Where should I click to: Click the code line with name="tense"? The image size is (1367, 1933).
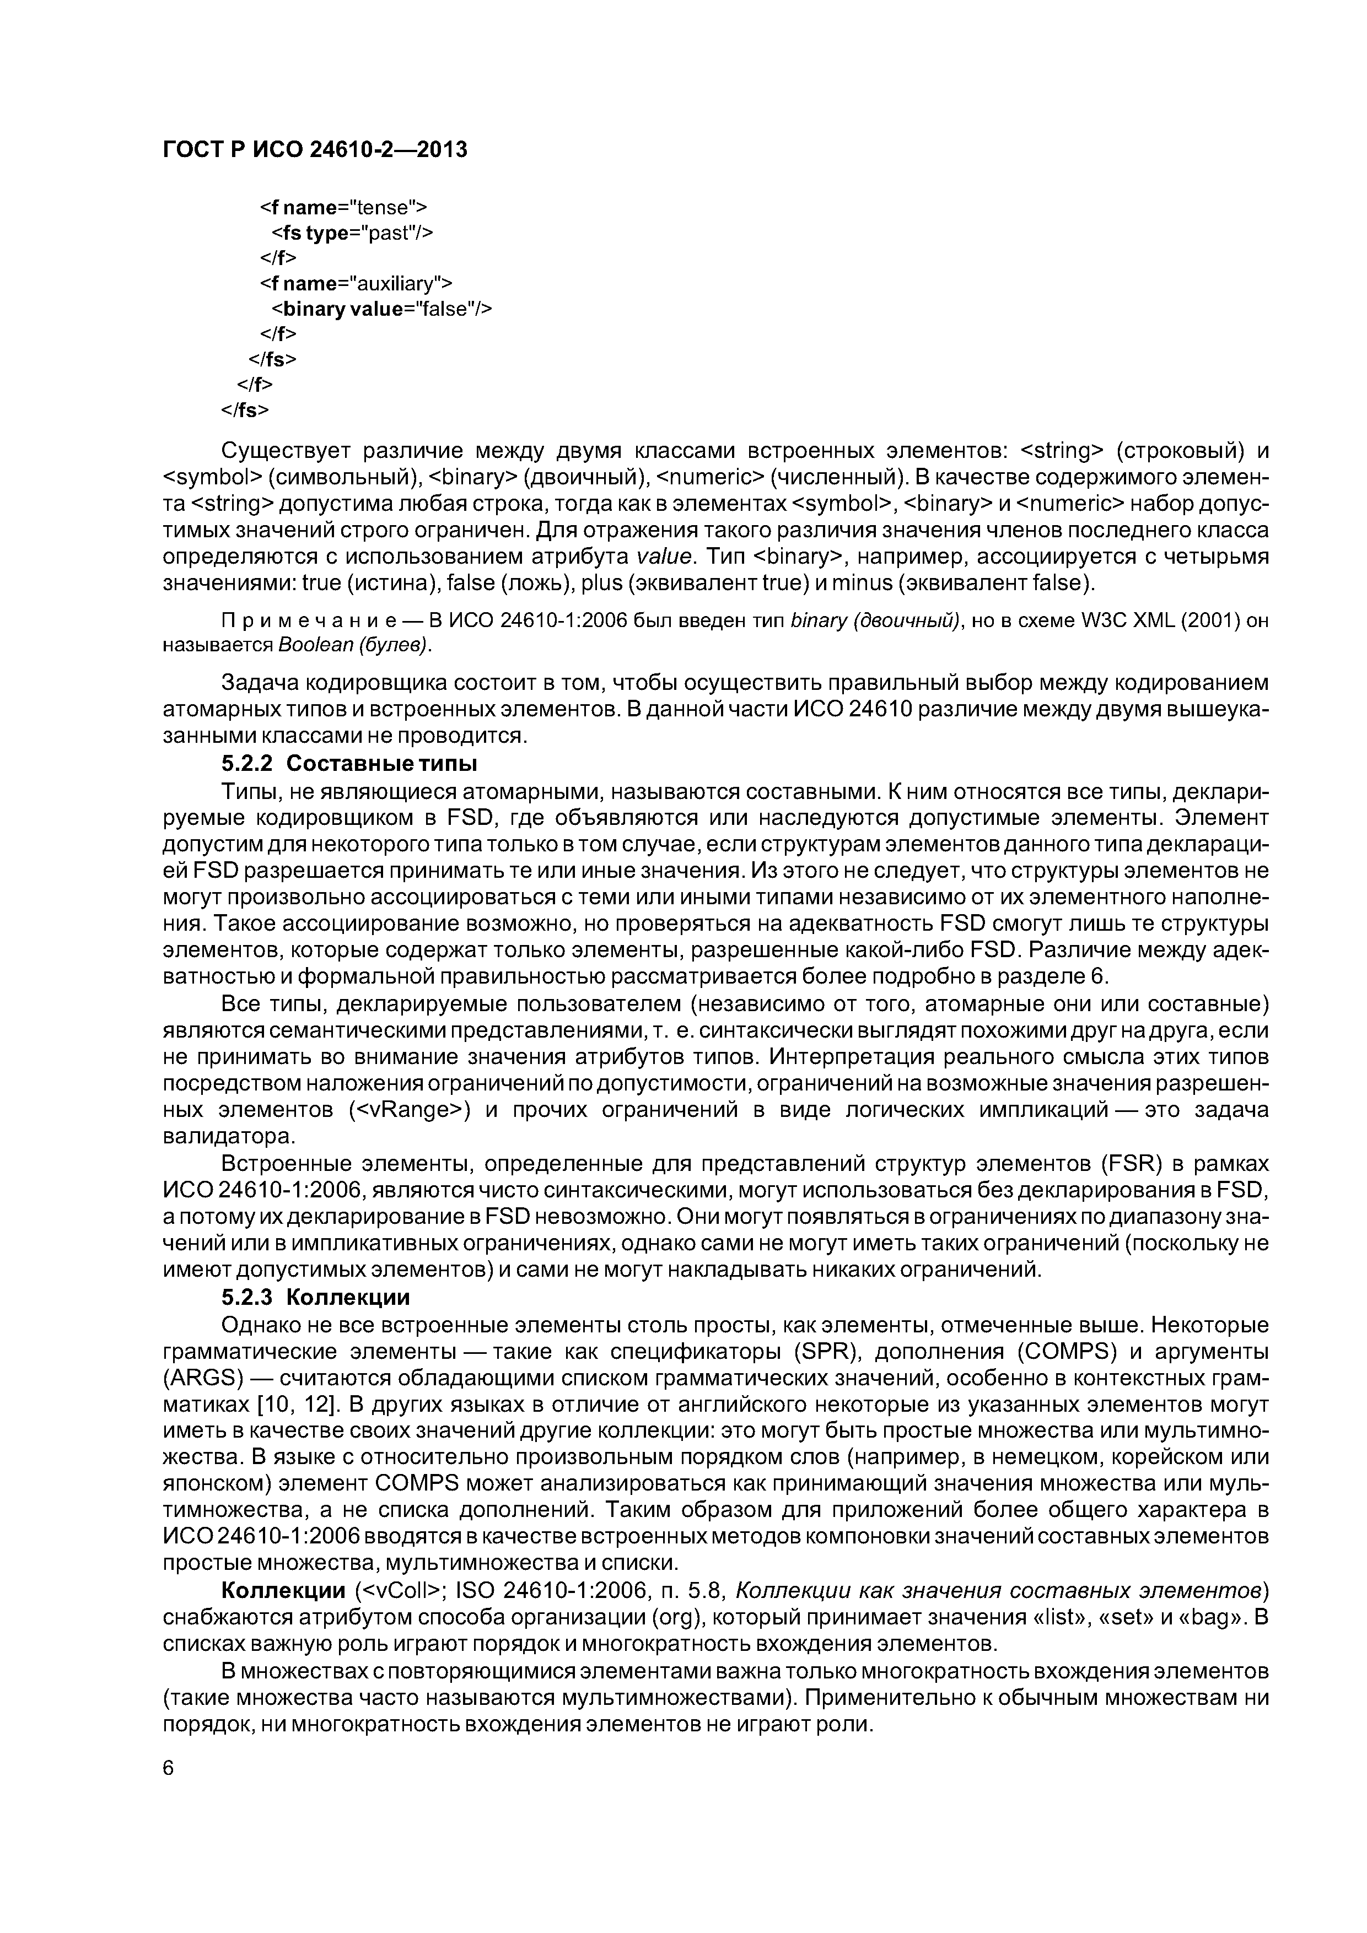coord(343,207)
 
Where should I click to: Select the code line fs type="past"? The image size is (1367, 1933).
coord(352,233)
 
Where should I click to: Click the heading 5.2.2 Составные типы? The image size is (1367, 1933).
coord(349,764)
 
